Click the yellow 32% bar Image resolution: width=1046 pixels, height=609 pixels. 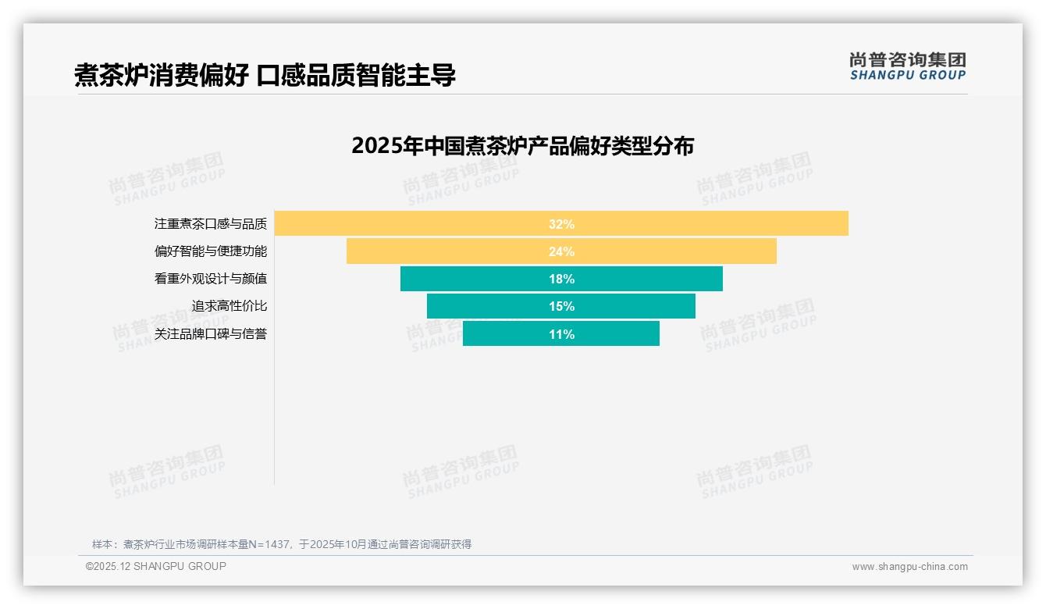pyautogui.click(x=703, y=223)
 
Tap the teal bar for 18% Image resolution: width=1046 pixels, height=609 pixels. pyautogui.click(x=640, y=279)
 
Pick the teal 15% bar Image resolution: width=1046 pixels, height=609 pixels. pyautogui.click(x=624, y=306)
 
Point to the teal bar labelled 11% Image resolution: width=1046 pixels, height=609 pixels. pyautogui.click(x=609, y=334)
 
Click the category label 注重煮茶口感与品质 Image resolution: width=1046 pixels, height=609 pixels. pyautogui.click(x=210, y=224)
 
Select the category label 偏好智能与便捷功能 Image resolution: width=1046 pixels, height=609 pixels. pyautogui.click(x=210, y=251)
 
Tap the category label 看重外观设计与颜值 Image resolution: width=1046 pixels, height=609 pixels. pyautogui.click(x=210, y=279)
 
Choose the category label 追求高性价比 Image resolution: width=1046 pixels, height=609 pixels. pyautogui.click(x=229, y=306)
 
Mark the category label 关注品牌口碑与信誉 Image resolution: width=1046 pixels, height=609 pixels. pyautogui.click(x=210, y=334)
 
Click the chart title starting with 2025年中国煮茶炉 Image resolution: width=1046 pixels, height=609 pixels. pyautogui.click(x=522, y=146)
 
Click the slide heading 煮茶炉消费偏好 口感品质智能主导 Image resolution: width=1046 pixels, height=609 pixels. pyautogui.click(x=265, y=75)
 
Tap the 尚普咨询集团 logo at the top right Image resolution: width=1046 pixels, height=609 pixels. pyautogui.click(x=907, y=60)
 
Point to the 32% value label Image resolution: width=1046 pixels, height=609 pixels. pyautogui.click(x=561, y=224)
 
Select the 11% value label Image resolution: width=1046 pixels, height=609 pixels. pyautogui.click(x=561, y=334)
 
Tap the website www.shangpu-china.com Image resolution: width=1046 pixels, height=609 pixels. pyautogui.click(x=909, y=567)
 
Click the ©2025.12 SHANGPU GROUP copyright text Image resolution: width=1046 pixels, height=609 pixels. pyautogui.click(x=156, y=566)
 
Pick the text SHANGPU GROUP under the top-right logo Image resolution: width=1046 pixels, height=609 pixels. pyautogui.click(x=907, y=76)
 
